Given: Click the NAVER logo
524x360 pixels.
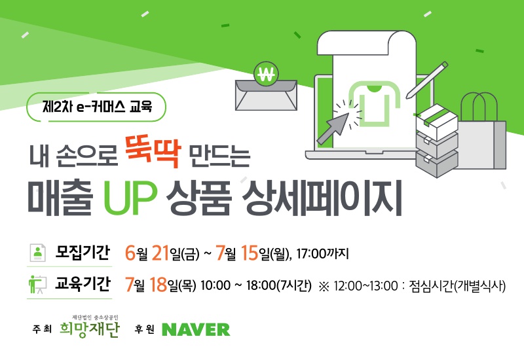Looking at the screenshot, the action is (196, 330).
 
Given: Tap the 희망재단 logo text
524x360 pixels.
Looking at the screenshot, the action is (89, 329).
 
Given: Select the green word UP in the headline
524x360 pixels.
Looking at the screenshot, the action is (130, 198).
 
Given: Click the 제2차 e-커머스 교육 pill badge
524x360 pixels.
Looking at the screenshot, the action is (96, 107).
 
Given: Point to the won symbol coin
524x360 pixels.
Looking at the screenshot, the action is (266, 74).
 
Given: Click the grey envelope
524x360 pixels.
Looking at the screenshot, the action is (266, 95).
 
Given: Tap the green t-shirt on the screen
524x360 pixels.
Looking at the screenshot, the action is (374, 104).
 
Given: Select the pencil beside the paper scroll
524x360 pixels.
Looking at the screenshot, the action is (427, 80).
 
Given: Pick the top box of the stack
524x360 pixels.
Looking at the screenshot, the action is (437, 122).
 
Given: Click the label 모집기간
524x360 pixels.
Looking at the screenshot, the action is (83, 253).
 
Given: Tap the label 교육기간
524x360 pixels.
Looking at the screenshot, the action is (83, 284).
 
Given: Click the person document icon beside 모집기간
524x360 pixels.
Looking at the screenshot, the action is (38, 253).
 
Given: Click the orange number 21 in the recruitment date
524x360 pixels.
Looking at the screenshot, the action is (160, 253).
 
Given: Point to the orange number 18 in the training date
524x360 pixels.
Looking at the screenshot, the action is (159, 285).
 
